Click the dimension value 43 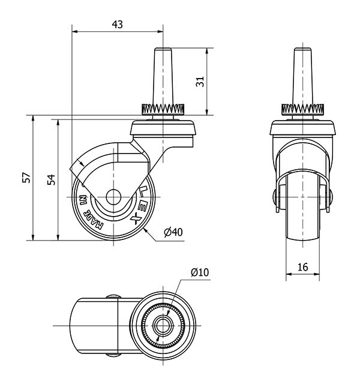pos(117,24)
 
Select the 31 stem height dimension pos(200,82)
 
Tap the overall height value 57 pos(26,178)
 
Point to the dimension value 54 pos(52,179)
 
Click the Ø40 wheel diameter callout pos(173,232)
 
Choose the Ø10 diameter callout pos(200,272)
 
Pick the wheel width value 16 pos(302,267)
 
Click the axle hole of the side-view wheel pos(113,197)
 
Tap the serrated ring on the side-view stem pos(163,109)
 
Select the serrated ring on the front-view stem pos(302,109)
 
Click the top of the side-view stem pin pos(163,49)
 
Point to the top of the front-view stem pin pos(302,49)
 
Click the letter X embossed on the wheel pos(136,220)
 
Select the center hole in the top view pos(163,326)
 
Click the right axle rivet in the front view pos(331,195)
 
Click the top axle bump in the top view pos(113,296)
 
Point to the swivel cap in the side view pos(163,127)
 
